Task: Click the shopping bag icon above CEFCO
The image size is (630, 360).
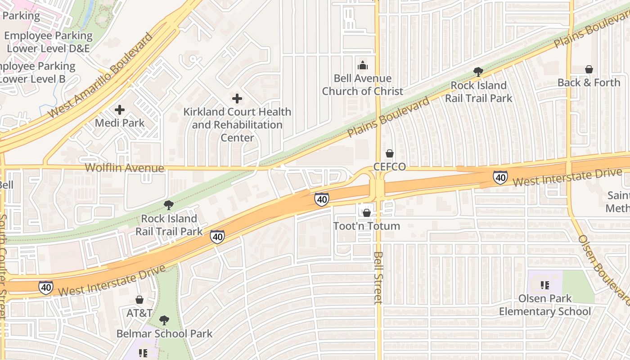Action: click(390, 153)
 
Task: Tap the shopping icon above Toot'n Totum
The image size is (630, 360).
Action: click(367, 212)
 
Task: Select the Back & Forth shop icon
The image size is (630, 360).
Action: click(589, 69)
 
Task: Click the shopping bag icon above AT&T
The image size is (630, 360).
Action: click(139, 300)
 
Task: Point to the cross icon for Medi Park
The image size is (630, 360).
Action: click(120, 109)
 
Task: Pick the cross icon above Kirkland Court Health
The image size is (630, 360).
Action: click(237, 98)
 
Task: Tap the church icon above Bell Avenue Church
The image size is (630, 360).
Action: click(362, 66)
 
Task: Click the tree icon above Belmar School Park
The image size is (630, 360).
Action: click(164, 320)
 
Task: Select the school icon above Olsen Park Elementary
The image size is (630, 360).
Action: click(545, 285)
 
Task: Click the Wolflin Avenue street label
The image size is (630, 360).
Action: click(125, 168)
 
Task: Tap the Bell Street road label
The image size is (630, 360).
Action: click(378, 278)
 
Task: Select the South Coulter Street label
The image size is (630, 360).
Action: click(3, 265)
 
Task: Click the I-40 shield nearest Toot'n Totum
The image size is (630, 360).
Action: click(321, 199)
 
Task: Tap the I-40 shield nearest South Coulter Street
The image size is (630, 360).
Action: click(45, 288)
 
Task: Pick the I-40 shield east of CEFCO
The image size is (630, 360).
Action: click(500, 177)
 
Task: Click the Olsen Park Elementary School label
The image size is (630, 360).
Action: click(545, 305)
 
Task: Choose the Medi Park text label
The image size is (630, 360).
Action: click(120, 123)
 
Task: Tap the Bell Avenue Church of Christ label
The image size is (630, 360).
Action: click(362, 85)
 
